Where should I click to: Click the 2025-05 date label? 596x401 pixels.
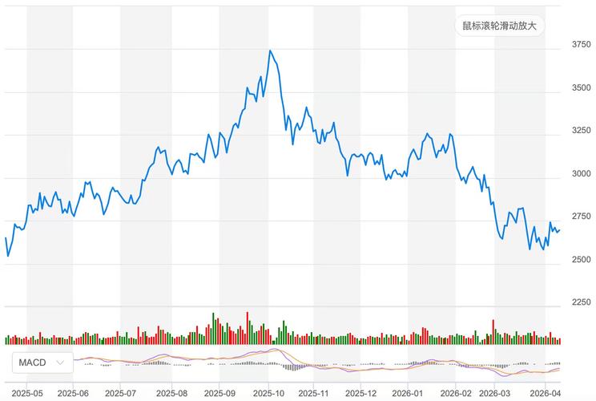pyautogui.click(x=26, y=394)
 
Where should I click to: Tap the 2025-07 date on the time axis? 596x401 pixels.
pyautogui.click(x=122, y=394)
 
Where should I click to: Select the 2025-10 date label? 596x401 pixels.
pyautogui.click(x=268, y=394)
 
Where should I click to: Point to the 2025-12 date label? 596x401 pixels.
pyautogui.click(x=361, y=394)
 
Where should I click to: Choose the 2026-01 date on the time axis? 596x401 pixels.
pyautogui.click(x=408, y=394)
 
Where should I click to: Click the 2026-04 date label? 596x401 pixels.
pyautogui.click(x=546, y=394)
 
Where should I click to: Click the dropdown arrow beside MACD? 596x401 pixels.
pyautogui.click(x=60, y=363)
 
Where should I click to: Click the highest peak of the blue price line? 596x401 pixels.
pyautogui.click(x=270, y=51)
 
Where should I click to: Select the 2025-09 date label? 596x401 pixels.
pyautogui.click(x=219, y=394)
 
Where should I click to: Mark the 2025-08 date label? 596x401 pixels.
pyautogui.click(x=171, y=394)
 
